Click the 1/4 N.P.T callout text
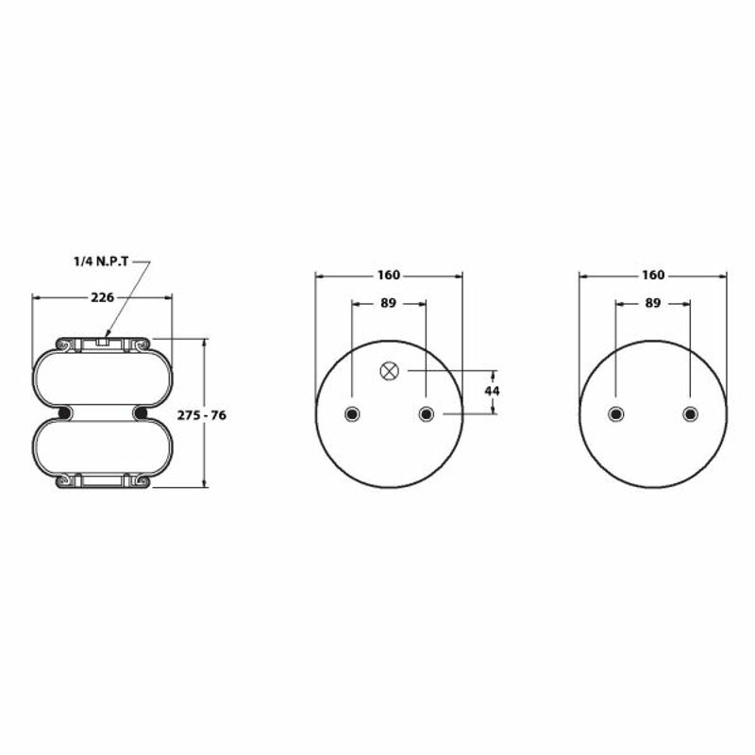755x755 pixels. tap(101, 261)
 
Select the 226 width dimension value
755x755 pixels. tap(103, 297)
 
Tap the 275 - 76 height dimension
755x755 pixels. tap(201, 415)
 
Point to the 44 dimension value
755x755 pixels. tap(492, 391)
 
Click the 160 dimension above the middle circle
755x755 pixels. tap(389, 275)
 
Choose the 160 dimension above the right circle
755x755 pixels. tap(653, 275)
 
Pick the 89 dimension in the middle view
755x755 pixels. tap(388, 303)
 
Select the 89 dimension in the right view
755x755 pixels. tap(652, 303)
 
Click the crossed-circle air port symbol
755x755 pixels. tap(389, 371)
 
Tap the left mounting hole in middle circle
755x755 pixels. tap(352, 413)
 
